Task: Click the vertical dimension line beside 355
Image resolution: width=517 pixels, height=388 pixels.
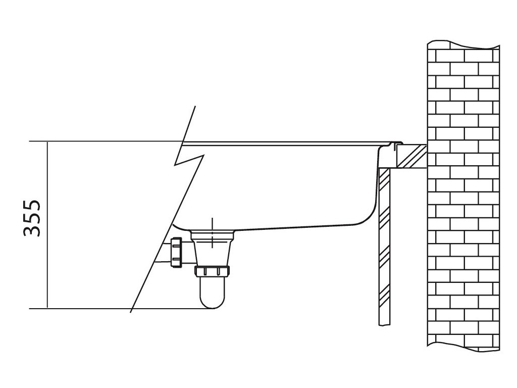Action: point(47,224)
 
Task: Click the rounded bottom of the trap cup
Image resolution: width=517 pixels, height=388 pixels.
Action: point(213,302)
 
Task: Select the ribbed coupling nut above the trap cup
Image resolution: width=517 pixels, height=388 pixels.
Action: point(213,272)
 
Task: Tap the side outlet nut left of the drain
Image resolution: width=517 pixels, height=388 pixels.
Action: point(177,251)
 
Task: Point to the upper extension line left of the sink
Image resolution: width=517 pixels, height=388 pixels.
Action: point(101,141)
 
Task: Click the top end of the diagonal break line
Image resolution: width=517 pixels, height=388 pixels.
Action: point(194,108)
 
